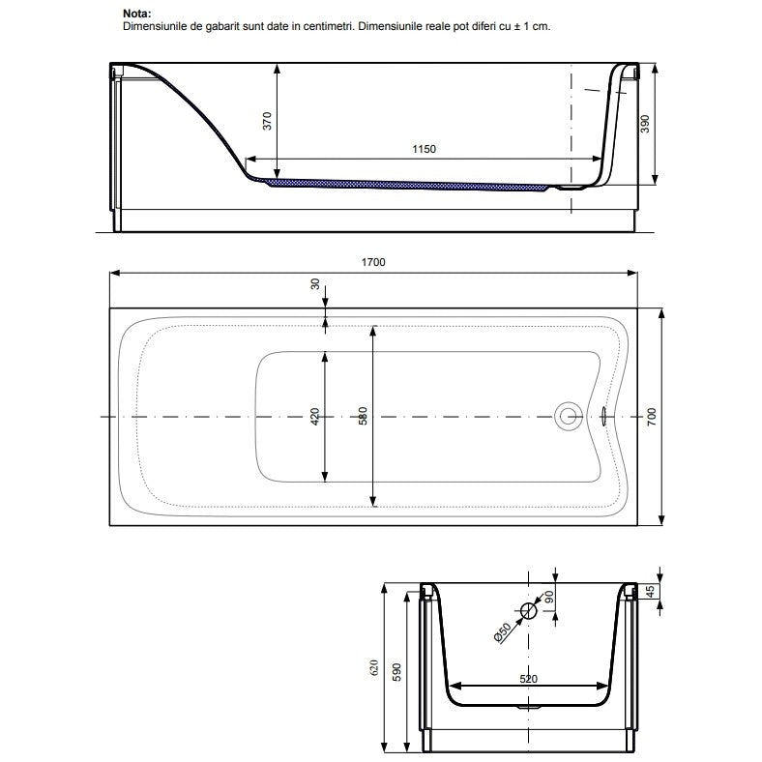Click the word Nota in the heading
[137, 14]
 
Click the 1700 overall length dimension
[373, 262]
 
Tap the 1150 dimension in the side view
[424, 149]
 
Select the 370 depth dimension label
[267, 121]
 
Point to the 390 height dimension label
[645, 124]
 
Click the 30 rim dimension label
[315, 283]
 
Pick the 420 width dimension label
[315, 417]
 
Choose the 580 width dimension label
[363, 416]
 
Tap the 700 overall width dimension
[652, 417]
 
